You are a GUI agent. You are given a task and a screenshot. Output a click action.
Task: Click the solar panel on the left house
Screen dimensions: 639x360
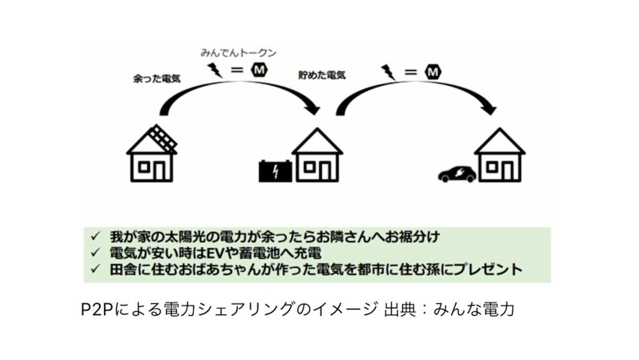(x=163, y=139)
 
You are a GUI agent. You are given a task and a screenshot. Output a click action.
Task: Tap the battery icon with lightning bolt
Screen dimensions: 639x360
(x=275, y=171)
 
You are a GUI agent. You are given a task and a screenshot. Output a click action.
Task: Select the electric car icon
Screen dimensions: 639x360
(x=457, y=174)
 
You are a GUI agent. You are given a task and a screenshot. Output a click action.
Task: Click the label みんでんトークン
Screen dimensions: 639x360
(x=238, y=53)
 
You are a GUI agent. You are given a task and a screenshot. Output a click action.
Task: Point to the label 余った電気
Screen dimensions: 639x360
(x=157, y=79)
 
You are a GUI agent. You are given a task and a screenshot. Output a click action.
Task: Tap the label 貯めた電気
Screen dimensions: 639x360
(x=322, y=75)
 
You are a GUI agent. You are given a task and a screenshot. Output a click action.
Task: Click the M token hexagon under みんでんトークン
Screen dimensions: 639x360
(x=259, y=70)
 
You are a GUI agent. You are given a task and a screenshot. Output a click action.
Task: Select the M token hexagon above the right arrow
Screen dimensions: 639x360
(x=433, y=72)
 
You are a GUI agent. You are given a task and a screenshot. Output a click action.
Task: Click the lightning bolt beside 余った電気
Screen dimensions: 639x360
(x=215, y=70)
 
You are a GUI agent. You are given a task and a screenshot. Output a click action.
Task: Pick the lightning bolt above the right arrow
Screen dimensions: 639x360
(x=388, y=72)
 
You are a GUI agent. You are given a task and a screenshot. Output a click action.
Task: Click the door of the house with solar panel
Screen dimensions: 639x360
(x=159, y=172)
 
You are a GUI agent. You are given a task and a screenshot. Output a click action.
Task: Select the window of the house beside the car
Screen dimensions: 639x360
(x=492, y=167)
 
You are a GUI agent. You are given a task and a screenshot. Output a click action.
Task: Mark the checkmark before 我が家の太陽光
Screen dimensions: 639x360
(x=95, y=236)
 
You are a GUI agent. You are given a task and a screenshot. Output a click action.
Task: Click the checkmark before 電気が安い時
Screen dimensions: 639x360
(x=95, y=253)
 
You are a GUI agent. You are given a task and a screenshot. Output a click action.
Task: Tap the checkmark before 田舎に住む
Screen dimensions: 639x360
(x=95, y=269)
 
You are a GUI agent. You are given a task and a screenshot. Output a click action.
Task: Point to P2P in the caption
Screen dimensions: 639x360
(x=97, y=309)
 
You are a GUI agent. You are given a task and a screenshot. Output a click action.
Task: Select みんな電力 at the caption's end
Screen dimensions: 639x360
(x=474, y=309)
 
